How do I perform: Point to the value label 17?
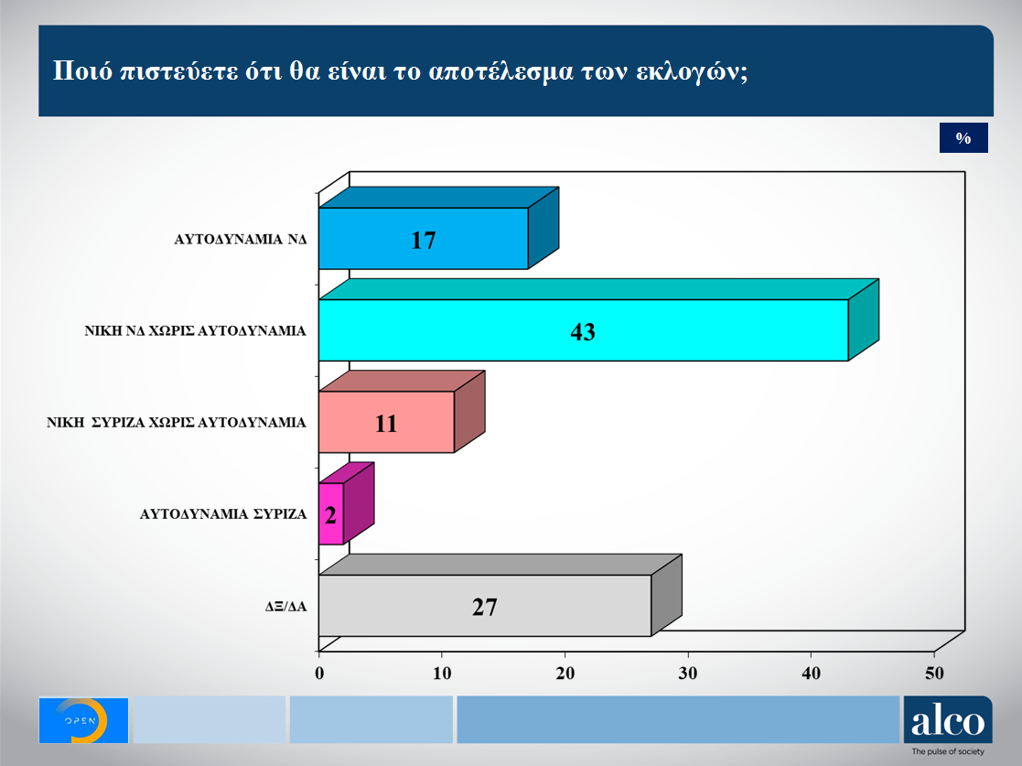click(x=423, y=241)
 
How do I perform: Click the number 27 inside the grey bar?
click(x=485, y=608)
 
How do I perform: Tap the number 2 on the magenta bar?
click(x=330, y=515)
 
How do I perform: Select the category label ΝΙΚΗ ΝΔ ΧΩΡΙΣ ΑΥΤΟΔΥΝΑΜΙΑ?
click(x=195, y=331)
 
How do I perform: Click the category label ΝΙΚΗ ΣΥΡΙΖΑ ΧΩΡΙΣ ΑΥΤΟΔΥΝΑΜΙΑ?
click(x=176, y=423)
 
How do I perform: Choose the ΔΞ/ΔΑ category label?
click(x=285, y=607)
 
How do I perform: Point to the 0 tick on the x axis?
click(x=319, y=674)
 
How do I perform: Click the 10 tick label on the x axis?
click(x=442, y=674)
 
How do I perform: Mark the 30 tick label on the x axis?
click(x=688, y=674)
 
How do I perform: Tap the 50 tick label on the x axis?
click(x=934, y=674)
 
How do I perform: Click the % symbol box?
click(x=963, y=137)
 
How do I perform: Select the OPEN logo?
click(x=83, y=720)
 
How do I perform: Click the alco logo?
click(x=948, y=720)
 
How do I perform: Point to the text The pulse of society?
click(x=948, y=751)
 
